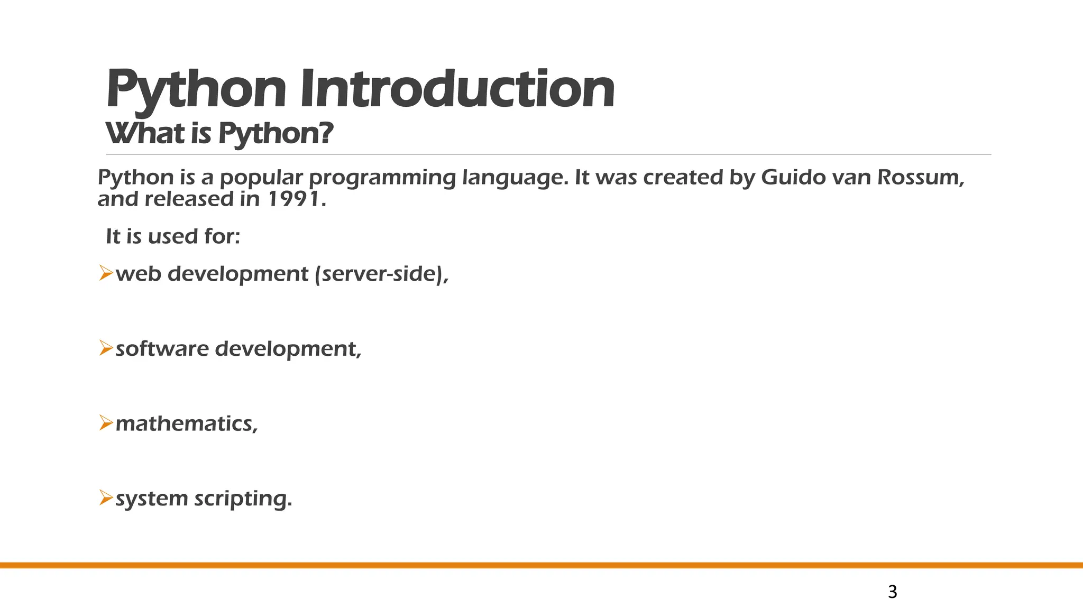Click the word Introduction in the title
[457, 90]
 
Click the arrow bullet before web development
[106, 274]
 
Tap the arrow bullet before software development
[106, 348]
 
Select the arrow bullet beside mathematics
[106, 423]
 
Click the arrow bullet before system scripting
[106, 498]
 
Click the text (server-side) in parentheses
[381, 274]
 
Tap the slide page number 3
[892, 592]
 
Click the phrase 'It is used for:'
[173, 236]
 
